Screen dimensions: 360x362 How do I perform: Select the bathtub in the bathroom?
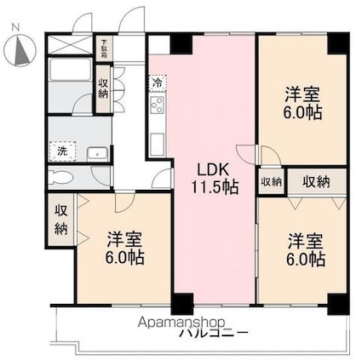point(71,84)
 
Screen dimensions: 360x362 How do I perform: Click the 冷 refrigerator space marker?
point(158,83)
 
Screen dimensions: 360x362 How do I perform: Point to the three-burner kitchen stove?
point(158,106)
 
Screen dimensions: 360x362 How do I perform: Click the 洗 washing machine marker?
point(62,151)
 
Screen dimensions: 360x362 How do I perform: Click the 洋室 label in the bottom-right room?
point(305,239)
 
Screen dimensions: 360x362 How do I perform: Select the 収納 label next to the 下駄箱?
point(103,87)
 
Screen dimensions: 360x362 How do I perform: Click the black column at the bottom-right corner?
point(338,301)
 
